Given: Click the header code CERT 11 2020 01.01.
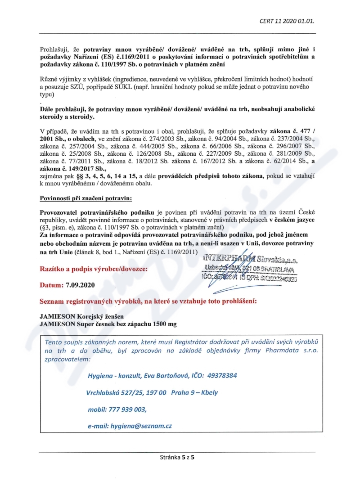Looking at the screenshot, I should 287,21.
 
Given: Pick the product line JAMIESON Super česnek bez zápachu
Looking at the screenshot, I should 108,324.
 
